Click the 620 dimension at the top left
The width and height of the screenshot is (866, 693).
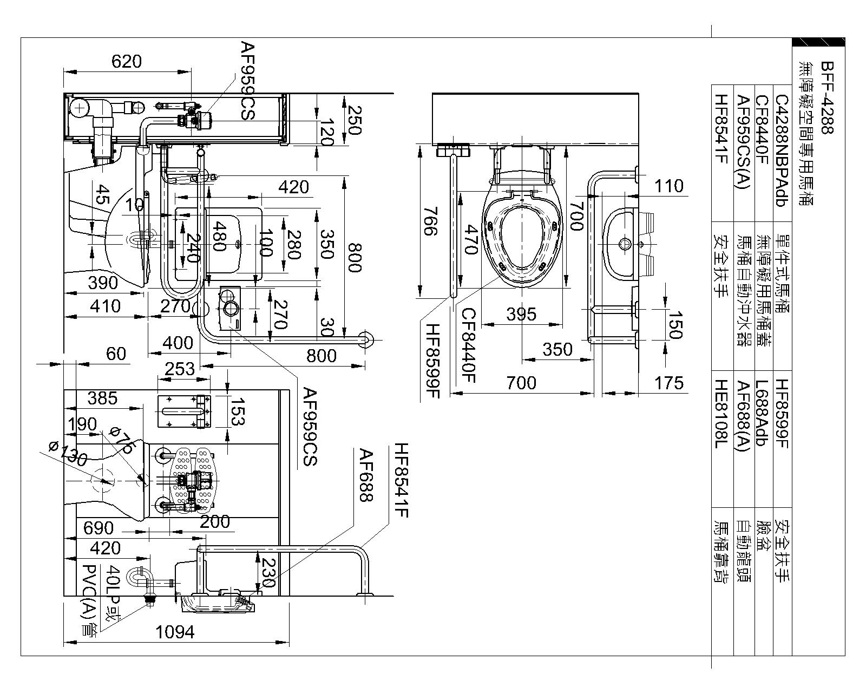pos(126,62)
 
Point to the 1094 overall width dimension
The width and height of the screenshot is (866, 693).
pos(174,631)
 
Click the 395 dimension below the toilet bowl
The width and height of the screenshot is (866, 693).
pos(521,314)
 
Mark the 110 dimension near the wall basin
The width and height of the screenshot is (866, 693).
pos(669,186)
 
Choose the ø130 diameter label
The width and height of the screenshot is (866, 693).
pos(67,454)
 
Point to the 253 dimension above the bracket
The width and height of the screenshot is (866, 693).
pos(179,369)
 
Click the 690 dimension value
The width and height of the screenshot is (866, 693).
pos(99,527)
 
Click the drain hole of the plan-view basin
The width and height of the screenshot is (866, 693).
pos(624,243)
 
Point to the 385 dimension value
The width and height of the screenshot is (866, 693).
pos(102,398)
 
